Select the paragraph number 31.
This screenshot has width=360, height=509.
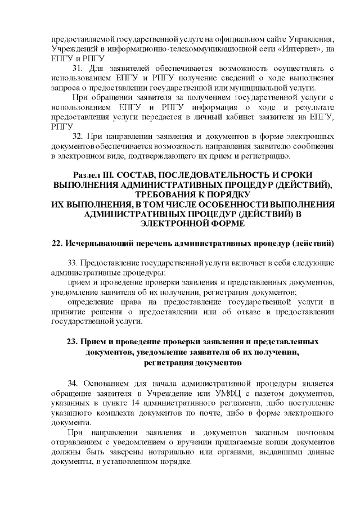click(x=80, y=69)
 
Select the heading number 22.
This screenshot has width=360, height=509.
click(x=55, y=243)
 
